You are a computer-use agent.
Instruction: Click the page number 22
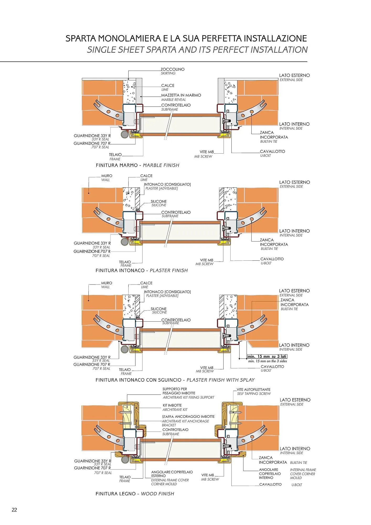(x=14, y=510)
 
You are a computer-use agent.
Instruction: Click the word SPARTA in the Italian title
(x=81, y=39)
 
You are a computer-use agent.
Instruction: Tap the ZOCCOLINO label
(x=172, y=69)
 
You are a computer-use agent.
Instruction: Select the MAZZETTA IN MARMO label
(x=181, y=95)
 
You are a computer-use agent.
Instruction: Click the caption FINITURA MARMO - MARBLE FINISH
(x=137, y=165)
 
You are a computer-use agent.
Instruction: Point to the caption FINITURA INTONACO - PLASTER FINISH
(x=142, y=270)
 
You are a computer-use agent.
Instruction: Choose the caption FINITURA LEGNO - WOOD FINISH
(x=135, y=494)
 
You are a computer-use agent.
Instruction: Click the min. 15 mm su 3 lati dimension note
(x=267, y=356)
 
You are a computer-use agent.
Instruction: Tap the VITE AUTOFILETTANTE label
(x=253, y=390)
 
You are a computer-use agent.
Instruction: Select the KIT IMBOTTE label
(x=172, y=405)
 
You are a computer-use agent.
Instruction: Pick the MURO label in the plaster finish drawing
(x=107, y=176)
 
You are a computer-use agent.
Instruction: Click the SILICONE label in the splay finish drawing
(x=158, y=309)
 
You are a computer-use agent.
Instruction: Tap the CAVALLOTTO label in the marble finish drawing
(x=272, y=151)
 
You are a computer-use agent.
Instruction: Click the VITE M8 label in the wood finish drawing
(x=208, y=475)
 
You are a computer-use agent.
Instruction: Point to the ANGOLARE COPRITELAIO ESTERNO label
(x=172, y=474)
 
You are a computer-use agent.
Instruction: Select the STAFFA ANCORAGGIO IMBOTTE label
(x=188, y=417)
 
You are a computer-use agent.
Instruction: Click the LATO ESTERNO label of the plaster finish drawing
(x=294, y=182)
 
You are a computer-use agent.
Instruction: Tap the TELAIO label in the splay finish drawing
(x=125, y=370)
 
